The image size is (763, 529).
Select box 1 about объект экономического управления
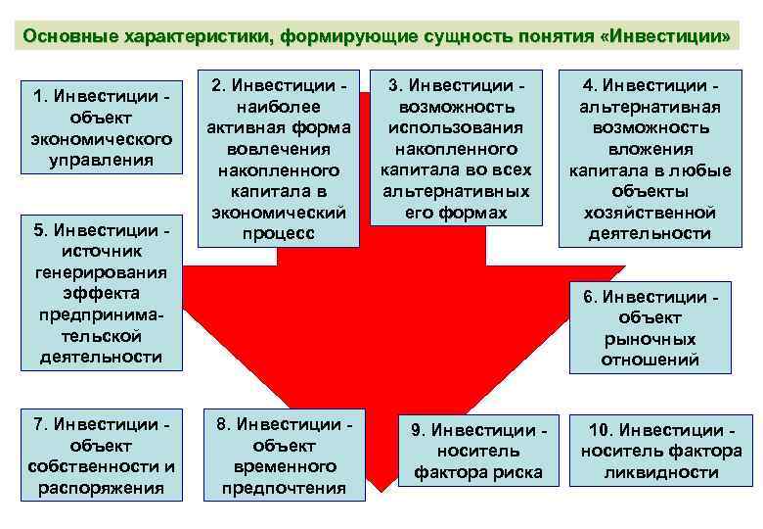pyautogui.click(x=102, y=127)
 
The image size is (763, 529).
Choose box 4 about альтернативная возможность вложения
pyautogui.click(x=650, y=159)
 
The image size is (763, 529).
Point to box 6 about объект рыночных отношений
pyautogui.click(x=650, y=328)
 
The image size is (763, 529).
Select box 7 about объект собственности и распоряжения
pyautogui.click(x=102, y=456)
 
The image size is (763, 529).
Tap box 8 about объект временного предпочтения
pyautogui.click(x=284, y=456)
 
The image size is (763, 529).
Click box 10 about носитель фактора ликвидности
pyautogui.click(x=661, y=452)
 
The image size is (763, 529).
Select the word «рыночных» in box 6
pyautogui.click(x=650, y=339)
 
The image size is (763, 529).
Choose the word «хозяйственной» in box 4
pyautogui.click(x=650, y=213)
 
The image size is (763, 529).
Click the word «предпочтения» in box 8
pyautogui.click(x=284, y=488)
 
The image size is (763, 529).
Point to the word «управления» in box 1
pyautogui.click(x=102, y=160)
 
